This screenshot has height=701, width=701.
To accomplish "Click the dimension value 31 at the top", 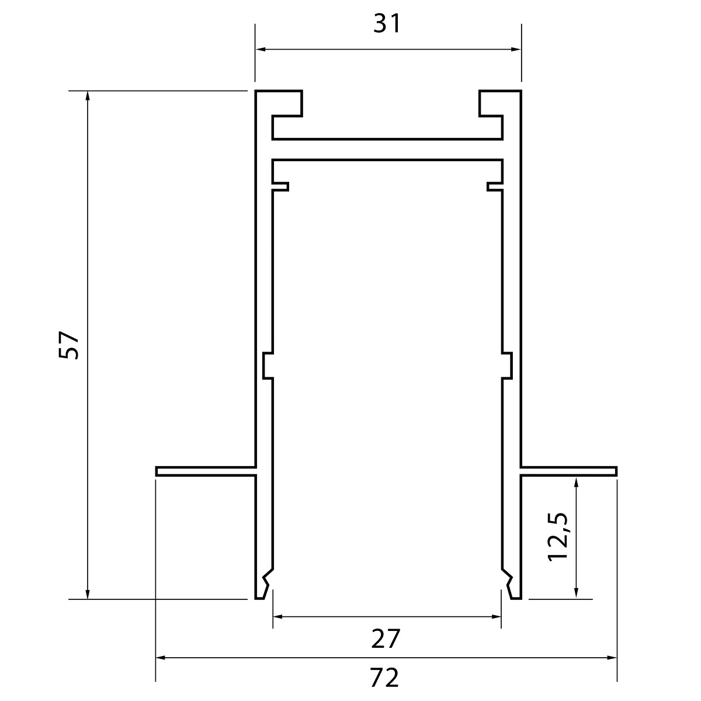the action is point(387,24).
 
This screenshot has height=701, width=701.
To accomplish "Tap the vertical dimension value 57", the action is point(69,345).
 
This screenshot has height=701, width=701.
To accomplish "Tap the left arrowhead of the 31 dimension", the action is point(260,49).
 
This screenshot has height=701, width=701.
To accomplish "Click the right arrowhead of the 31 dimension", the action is point(516,49).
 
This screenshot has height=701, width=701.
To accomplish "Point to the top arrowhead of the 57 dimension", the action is point(87,96).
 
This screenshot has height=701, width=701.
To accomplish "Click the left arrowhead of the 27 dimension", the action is point(278,617).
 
